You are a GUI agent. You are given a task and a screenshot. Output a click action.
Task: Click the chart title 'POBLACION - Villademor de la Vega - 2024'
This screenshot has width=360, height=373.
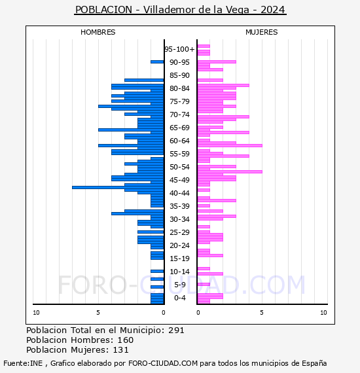tap(180, 10)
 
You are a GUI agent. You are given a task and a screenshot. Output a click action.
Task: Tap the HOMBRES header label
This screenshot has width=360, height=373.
tap(98, 32)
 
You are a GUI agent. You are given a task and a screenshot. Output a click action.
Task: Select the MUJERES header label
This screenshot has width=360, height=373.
tap(261, 32)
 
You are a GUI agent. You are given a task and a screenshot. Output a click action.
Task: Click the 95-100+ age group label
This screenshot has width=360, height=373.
tap(179, 49)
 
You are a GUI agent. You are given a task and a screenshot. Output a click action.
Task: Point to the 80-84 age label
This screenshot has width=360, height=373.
tap(179, 88)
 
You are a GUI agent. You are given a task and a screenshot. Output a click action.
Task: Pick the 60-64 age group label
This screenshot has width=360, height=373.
tap(179, 141)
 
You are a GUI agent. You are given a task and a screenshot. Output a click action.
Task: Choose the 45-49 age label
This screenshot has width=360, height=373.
tap(179, 180)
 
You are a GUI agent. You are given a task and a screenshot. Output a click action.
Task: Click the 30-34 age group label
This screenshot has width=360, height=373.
tap(179, 219)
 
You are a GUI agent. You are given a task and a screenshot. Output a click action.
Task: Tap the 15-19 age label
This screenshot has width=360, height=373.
tap(179, 258)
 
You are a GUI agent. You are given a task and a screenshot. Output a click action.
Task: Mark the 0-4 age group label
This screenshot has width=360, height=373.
tap(179, 298)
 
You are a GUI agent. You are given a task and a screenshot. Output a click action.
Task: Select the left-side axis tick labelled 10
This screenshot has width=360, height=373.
tap(36, 313)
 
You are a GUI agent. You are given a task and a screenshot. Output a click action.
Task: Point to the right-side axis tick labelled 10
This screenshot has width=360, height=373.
tap(323, 313)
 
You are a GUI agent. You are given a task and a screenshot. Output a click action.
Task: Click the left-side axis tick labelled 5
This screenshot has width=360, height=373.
tap(98, 313)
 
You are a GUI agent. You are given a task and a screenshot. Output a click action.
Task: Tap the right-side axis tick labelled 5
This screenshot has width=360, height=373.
tap(261, 313)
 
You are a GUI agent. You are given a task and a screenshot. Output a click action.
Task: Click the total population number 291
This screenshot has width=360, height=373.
tap(175, 330)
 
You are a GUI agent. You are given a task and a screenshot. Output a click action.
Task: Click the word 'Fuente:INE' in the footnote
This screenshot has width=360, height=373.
tap(22, 363)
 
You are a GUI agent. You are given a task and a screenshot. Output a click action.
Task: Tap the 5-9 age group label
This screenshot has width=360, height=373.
tap(179, 285)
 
